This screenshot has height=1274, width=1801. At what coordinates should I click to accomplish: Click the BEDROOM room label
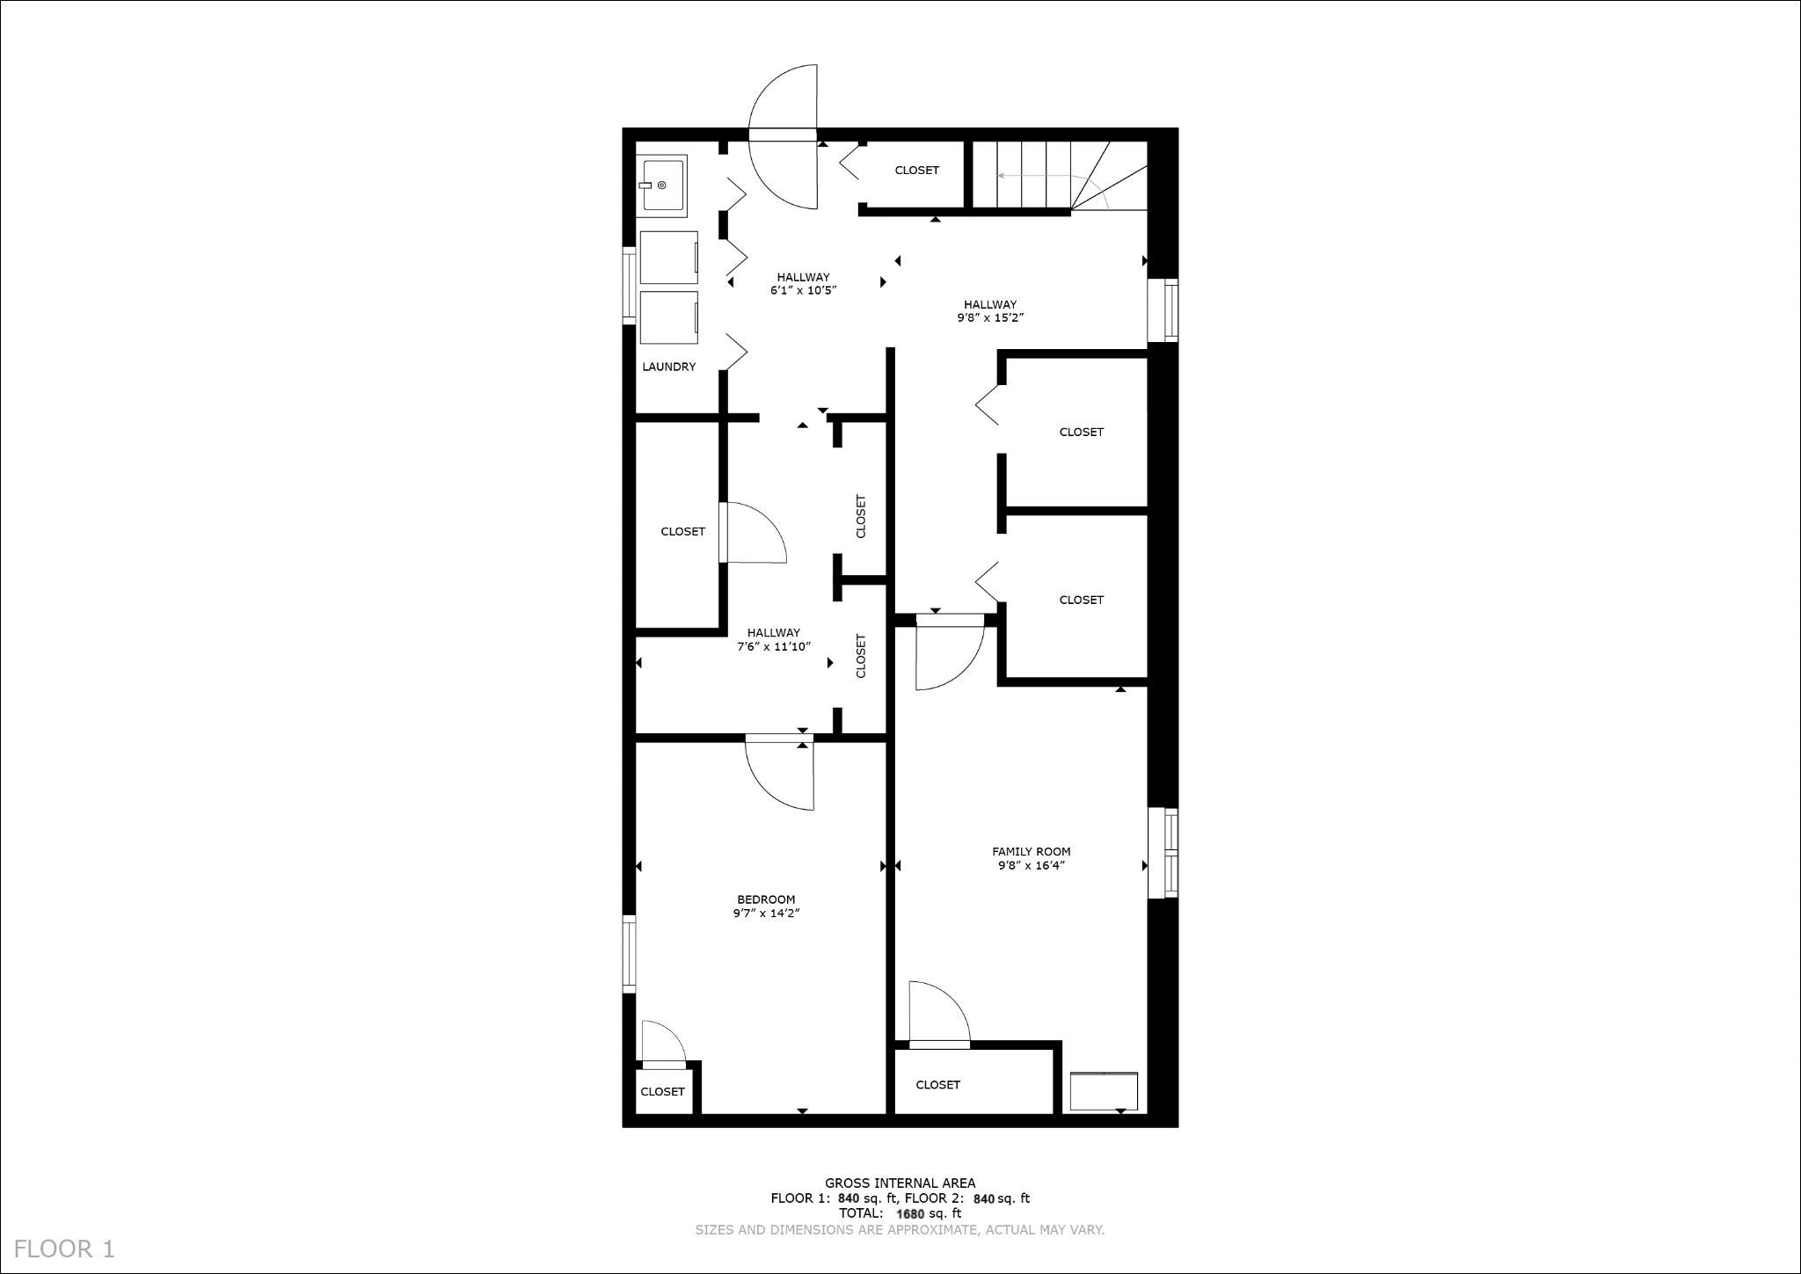[x=765, y=899]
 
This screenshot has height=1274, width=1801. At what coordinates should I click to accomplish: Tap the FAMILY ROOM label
[x=1031, y=851]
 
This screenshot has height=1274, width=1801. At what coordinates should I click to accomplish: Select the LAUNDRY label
[x=668, y=367]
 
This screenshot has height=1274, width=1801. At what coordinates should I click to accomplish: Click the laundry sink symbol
[x=663, y=185]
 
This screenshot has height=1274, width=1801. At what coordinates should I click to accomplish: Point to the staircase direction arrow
[x=1038, y=176]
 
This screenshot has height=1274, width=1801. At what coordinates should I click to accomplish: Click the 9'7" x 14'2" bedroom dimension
[x=765, y=914]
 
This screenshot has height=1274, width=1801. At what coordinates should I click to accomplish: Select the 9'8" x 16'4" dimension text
[x=1031, y=865]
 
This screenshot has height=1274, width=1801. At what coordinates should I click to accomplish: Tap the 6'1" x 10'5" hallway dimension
[x=803, y=290]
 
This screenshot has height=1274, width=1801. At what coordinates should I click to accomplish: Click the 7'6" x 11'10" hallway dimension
[x=773, y=646]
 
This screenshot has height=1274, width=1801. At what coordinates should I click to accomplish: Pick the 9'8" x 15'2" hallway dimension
[x=989, y=318]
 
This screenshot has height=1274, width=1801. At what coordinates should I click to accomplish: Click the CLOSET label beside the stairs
[x=916, y=171]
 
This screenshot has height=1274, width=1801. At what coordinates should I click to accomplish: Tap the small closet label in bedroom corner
[x=662, y=1091]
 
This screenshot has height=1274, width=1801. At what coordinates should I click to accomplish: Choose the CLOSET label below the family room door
[x=937, y=1084]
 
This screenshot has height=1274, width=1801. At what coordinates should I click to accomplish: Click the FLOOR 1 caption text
[x=64, y=1249]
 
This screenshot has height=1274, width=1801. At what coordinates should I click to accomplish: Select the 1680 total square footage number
[x=910, y=1213]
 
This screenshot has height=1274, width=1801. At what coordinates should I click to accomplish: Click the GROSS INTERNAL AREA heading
[x=900, y=1183]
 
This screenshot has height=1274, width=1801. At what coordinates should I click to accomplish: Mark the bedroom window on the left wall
[x=630, y=954]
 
